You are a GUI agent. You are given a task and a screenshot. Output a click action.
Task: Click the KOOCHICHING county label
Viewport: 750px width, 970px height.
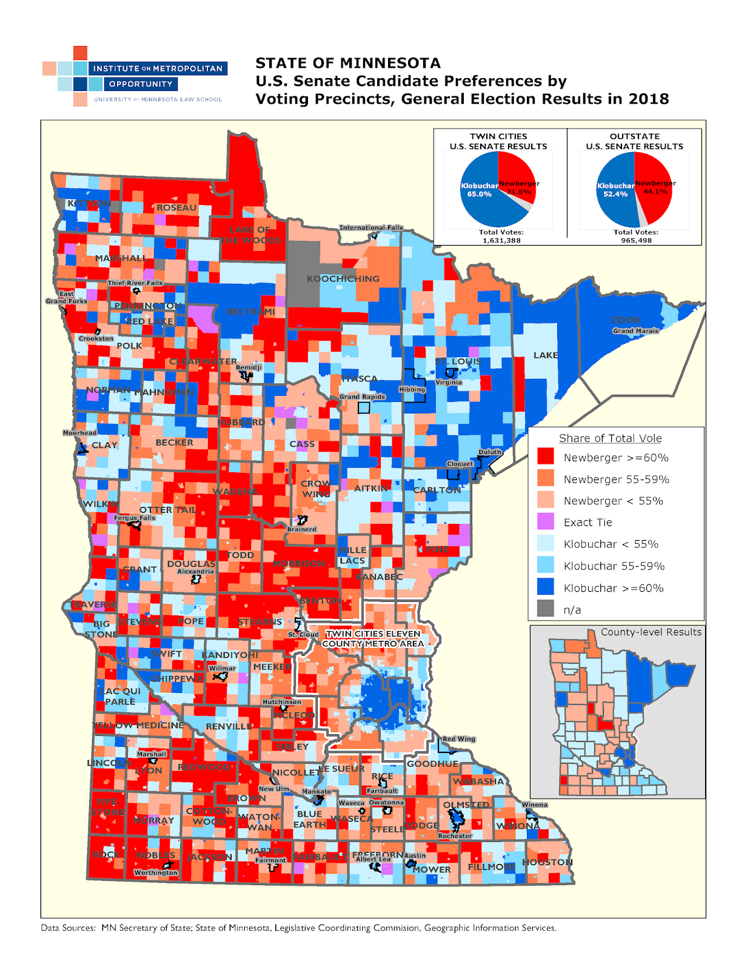343,279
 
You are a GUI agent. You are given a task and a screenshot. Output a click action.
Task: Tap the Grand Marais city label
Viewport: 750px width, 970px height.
635,331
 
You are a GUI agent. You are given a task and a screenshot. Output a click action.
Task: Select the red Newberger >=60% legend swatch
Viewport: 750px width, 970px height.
546,457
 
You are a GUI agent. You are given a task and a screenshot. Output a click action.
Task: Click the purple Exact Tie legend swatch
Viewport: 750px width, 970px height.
546,521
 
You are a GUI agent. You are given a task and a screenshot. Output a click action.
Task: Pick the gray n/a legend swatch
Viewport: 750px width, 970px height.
546,609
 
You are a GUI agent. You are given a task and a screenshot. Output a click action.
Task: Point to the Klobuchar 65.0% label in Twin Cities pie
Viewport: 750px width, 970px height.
479,190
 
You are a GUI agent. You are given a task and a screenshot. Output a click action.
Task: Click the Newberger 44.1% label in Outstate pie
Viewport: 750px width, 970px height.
655,187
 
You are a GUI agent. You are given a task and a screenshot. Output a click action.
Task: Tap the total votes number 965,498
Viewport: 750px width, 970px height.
635,241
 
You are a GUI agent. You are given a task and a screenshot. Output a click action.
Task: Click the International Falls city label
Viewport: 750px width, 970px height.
370,228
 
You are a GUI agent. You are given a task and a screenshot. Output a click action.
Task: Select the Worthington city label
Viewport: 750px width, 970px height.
156,872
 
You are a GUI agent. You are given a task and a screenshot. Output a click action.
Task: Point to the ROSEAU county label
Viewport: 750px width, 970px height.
176,208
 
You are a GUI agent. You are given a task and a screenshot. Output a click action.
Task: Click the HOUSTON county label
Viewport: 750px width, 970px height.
547,862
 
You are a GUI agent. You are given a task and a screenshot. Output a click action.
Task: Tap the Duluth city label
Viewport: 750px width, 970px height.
490,452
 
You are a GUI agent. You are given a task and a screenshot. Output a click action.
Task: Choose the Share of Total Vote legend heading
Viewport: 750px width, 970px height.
610,438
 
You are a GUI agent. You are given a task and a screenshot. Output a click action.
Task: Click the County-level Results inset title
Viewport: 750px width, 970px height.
651,632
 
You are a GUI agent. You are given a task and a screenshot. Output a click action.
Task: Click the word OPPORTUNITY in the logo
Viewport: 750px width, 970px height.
141,84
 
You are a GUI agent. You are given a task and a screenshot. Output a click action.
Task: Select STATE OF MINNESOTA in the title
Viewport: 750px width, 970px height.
348,63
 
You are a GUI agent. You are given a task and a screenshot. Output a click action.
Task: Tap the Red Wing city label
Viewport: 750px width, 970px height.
458,739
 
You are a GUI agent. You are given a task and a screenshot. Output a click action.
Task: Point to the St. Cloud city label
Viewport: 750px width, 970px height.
303,635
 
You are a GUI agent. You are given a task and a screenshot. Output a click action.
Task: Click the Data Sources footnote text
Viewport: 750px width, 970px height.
298,928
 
